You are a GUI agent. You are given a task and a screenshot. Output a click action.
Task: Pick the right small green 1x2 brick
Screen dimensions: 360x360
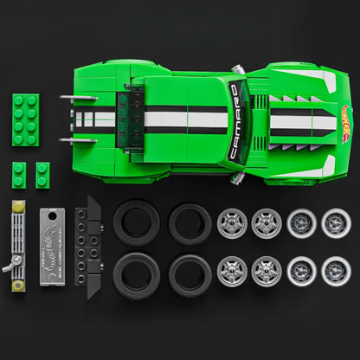(x=42, y=173)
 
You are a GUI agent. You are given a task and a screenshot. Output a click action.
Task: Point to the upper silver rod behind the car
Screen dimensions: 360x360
(x=75, y=98)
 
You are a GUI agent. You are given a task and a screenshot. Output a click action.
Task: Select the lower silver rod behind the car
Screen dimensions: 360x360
(x=75, y=139)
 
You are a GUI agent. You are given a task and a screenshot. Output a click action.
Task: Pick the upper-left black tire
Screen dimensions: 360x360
(x=135, y=223)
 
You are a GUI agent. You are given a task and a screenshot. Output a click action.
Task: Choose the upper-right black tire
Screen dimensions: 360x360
(x=190, y=223)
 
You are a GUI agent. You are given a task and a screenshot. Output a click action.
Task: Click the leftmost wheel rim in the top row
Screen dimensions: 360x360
(x=231, y=223)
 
